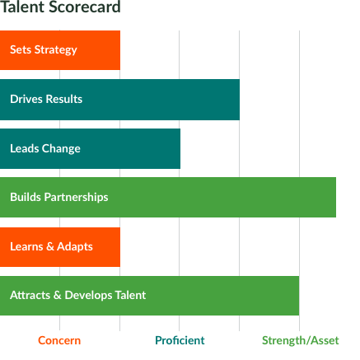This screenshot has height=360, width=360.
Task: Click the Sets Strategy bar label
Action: point(44,50)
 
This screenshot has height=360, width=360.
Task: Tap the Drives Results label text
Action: point(46,99)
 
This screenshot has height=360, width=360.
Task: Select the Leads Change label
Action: point(45,148)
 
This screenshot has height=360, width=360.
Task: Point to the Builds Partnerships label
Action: point(59,197)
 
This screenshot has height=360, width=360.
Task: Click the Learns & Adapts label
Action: point(51,246)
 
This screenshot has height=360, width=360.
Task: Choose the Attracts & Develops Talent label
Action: point(78,295)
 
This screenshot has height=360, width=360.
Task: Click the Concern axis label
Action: point(59,340)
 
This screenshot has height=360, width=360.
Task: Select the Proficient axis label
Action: point(180,340)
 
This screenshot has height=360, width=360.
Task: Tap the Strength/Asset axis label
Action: point(301,340)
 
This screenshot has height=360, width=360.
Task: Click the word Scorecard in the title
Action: point(85,7)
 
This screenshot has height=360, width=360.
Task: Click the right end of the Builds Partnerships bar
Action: point(336,197)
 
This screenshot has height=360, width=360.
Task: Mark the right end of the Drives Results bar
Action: point(240,100)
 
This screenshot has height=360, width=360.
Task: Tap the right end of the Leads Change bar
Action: point(180,148)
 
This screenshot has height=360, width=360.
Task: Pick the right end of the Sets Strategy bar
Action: point(120,50)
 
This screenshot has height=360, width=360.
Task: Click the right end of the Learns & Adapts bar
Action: point(120,247)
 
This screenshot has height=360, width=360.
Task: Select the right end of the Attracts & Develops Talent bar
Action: point(299,296)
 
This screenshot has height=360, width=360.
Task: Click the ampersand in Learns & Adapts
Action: point(50,246)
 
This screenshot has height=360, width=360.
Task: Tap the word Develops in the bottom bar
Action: point(88,296)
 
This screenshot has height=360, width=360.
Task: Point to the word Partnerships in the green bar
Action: point(77,198)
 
